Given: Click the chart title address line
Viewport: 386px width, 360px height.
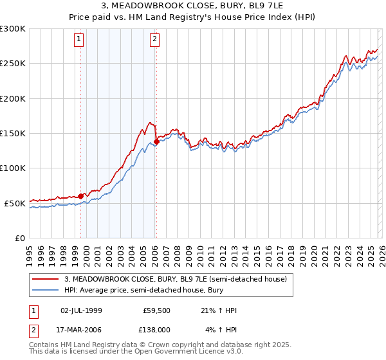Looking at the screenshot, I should tap(192, 6).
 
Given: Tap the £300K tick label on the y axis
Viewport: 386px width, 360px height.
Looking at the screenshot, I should tap(13, 29).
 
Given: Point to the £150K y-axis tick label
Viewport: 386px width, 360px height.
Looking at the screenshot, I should tap(13, 134).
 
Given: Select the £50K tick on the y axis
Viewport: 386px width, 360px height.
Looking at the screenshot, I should tap(15, 203).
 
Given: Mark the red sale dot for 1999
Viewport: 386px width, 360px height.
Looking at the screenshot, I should tap(80, 197).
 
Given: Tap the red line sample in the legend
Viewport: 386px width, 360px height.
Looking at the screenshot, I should tap(45, 280).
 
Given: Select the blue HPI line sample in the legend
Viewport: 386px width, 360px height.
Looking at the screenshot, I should tap(45, 291).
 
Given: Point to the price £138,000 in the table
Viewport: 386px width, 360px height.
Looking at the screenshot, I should tap(157, 330).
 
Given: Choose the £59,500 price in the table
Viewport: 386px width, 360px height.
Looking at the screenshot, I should tap(157, 310).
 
